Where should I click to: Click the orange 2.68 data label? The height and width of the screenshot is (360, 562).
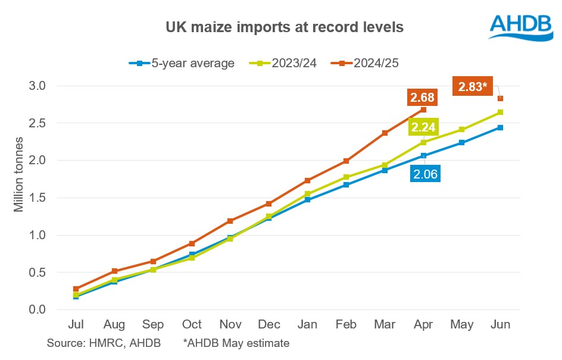tap(421, 97)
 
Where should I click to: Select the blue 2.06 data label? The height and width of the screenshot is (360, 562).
tap(425, 174)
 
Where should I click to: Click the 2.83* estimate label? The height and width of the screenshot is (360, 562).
tap(473, 87)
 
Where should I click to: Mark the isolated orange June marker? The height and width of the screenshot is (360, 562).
tap(500, 99)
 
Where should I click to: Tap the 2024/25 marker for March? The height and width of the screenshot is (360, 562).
tap(385, 133)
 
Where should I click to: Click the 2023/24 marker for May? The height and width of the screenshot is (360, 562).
tap(461, 129)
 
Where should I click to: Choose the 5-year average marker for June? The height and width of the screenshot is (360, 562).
tap(500, 127)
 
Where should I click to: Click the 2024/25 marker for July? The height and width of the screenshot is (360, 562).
tap(76, 289)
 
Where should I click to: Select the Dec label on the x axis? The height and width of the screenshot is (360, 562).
tap(268, 325)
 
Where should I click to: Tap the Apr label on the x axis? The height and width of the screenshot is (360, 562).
tap(423, 325)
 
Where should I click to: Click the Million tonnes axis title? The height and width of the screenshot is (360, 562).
tap(19, 175)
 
